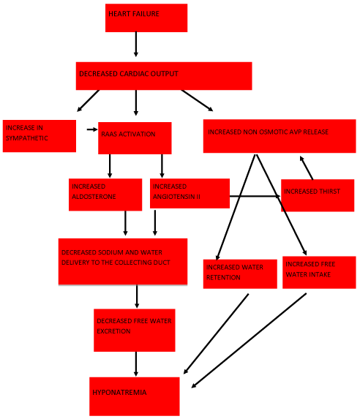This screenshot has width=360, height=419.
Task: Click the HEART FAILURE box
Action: click(146, 18)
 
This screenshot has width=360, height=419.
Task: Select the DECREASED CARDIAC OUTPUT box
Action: click(164, 76)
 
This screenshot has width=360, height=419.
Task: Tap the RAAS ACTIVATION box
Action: click(135, 138)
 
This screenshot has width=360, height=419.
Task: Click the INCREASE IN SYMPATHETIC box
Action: click(40, 136)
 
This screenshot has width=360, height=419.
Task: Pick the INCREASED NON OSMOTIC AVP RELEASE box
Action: click(280, 136)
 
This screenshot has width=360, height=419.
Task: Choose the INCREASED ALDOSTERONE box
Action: click(105, 195)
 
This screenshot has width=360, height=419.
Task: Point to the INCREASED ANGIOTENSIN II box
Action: click(190, 194)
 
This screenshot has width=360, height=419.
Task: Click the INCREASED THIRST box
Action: click(318, 195)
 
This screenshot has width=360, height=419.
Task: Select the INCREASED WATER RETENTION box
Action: click(240, 274)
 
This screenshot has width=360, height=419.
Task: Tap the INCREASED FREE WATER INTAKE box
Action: click(319, 273)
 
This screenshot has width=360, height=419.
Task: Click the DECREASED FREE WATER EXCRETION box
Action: click(135, 331)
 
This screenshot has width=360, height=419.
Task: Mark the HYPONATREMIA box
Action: click(135, 396)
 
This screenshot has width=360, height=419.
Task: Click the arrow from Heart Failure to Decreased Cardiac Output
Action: click(136, 45)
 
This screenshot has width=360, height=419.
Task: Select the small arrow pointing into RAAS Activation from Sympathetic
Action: click(92, 129)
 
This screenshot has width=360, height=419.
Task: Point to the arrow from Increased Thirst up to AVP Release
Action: click(307, 167)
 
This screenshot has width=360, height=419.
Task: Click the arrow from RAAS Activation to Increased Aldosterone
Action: click(110, 166)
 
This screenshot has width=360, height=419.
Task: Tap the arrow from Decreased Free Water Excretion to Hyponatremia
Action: click(136, 364)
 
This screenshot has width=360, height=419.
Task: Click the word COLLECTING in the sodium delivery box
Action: click(129, 263)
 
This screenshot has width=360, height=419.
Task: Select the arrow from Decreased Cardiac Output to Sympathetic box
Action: click(89, 101)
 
